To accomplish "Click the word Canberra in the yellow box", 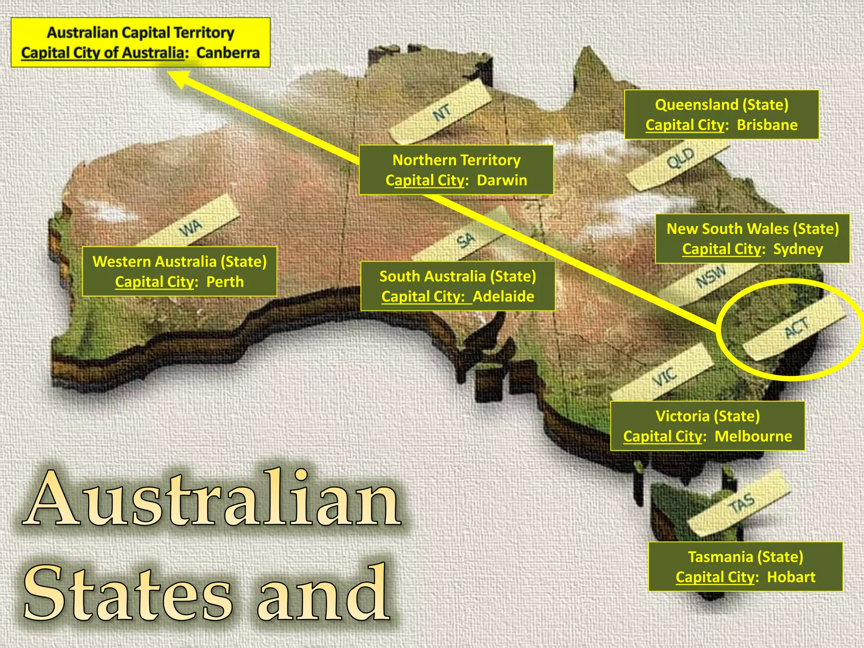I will [228, 53].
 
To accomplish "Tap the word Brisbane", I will [767, 125].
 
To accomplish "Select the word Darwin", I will [502, 180].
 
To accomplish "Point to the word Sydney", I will [798, 249].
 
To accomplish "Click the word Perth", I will [225, 281].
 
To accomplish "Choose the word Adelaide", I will [503, 296].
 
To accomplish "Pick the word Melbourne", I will [753, 436].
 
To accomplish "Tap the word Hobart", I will [791, 577].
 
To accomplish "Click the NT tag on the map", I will [441, 113].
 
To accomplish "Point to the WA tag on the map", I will [190, 228].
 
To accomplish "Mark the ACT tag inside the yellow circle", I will [796, 328].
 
